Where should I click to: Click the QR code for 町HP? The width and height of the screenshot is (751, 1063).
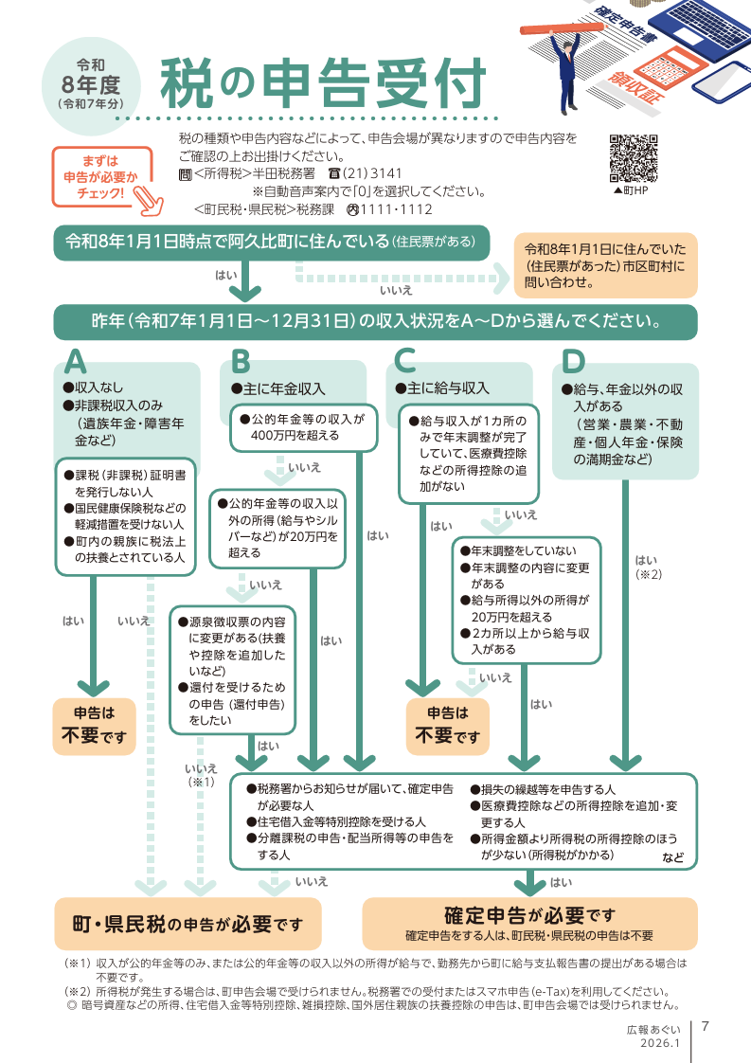coord(632,157)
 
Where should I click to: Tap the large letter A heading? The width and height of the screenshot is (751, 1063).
coord(77,362)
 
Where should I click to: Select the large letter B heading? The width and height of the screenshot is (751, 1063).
coord(241,362)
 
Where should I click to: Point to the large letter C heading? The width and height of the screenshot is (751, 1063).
coord(405,362)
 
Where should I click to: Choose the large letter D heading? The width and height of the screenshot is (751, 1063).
coord(573,362)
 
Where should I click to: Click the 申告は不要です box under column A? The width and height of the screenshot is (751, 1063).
coord(94,726)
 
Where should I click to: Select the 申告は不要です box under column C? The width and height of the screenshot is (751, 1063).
coord(448,726)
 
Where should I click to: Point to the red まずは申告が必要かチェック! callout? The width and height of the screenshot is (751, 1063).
coord(101,176)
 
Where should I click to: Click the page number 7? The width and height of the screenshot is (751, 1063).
coord(706,1026)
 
